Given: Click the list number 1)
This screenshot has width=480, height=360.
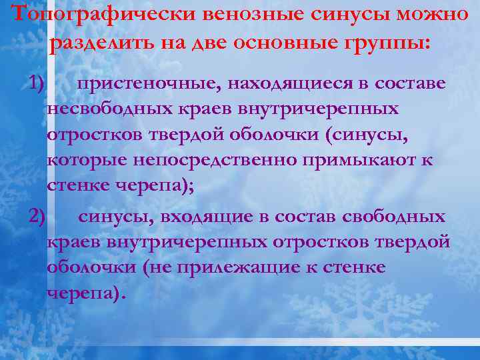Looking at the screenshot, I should (37, 83).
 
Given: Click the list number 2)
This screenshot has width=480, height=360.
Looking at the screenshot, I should (37, 216).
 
